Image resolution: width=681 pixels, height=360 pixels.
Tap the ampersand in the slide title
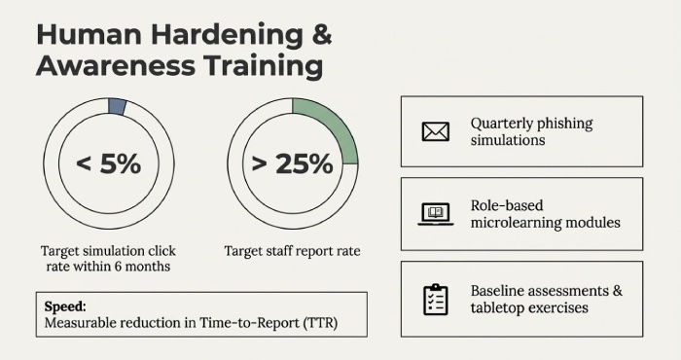(319, 34)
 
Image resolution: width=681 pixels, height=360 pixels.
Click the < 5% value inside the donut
(108, 164)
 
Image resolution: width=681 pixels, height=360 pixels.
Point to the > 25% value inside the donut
(292, 164)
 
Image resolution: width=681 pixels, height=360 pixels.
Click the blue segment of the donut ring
(118, 107)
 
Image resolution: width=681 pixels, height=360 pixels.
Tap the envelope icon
(435, 131)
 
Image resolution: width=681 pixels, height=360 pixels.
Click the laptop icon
(435, 214)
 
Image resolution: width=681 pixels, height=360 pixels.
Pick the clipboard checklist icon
(435, 299)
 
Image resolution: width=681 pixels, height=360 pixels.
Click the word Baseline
(500, 291)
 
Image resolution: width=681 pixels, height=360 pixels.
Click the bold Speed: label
(63, 304)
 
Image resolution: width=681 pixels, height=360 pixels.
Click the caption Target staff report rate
(292, 251)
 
